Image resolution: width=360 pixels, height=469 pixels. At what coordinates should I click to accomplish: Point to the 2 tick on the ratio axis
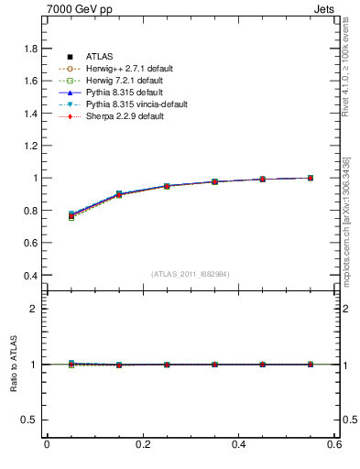(33, 309)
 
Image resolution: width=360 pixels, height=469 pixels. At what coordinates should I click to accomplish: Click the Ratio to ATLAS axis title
(14, 364)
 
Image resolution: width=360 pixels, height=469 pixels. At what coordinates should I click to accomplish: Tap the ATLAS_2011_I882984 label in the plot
(191, 275)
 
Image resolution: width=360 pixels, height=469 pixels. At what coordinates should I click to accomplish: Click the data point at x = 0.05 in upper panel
(71, 216)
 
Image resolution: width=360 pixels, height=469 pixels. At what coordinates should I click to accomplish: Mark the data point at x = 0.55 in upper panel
(311, 178)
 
